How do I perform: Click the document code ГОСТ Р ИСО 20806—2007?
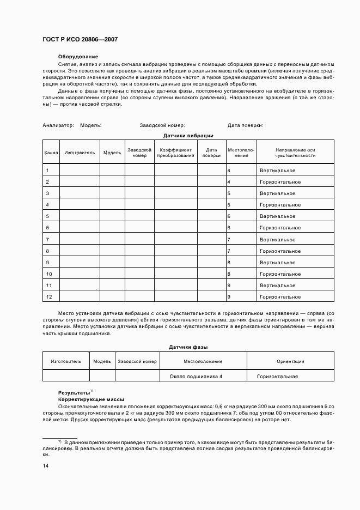coord(80,39)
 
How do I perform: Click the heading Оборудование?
coord(78,57)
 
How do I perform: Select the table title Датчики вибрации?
coord(188,135)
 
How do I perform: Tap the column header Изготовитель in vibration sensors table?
coord(80,153)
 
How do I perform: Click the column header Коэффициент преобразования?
coord(175,153)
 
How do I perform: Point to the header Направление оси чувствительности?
coord(295,153)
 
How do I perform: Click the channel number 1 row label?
coord(48,171)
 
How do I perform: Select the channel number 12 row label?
coord(49,297)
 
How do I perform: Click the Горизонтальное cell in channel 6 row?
coord(280,228)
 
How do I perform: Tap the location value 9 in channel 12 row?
coord(229,297)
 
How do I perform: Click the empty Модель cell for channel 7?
coord(112,240)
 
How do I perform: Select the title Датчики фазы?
coord(188,347)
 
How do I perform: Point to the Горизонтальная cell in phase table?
coord(277,377)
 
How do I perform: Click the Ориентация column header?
coord(290,361)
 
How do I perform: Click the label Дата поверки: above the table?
coord(246,125)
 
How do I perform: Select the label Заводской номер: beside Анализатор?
coord(162,125)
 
